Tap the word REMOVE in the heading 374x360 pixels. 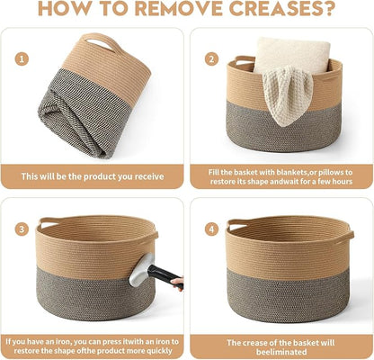[179, 8]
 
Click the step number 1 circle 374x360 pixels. [22, 58]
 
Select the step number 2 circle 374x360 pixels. [212, 58]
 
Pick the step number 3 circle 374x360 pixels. [22, 229]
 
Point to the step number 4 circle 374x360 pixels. [212, 229]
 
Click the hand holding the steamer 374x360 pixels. [178, 283]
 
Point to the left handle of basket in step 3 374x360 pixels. [48, 221]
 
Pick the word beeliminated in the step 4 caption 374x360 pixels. [281, 352]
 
